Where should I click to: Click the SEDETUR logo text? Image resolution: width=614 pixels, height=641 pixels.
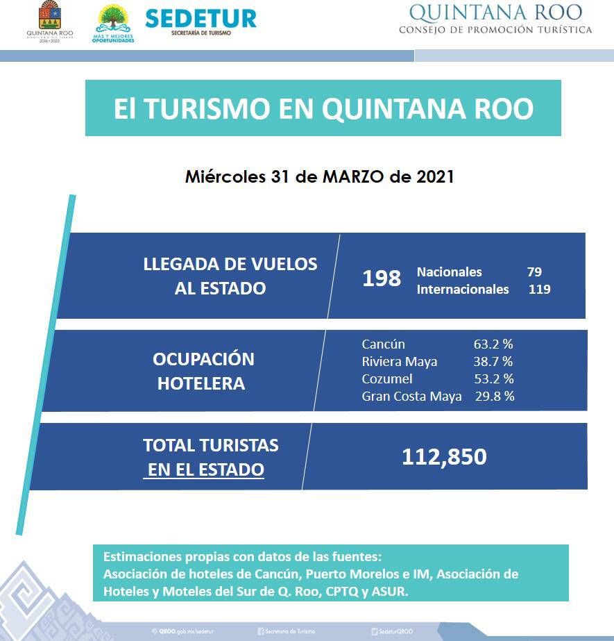[x=201, y=18]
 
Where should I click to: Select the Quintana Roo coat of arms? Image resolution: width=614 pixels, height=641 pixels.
[x=49, y=15]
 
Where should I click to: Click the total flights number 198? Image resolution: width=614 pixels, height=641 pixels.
[x=382, y=278]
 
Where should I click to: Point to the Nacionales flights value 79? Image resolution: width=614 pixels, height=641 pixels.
[x=534, y=272]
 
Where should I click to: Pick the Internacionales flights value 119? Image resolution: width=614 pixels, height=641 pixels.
[x=539, y=290]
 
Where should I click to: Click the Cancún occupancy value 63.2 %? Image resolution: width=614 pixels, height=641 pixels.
[x=493, y=344]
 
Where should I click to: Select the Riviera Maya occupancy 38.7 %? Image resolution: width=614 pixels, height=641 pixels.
[x=493, y=361]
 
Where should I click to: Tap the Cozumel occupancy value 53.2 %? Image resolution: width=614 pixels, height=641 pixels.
[x=494, y=378]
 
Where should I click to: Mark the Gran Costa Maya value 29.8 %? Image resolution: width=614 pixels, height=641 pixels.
[x=495, y=396]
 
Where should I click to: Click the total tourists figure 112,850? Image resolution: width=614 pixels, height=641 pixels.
[x=444, y=457]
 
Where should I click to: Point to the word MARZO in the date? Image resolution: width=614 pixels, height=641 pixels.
[x=353, y=176]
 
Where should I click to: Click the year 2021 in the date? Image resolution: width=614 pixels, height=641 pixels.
[x=435, y=176]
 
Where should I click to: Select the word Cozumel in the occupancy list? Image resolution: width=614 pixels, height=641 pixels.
[x=387, y=378]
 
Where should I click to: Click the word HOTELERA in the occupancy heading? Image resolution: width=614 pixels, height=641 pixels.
[x=201, y=383]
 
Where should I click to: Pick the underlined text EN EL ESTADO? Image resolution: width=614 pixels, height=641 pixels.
[x=205, y=469]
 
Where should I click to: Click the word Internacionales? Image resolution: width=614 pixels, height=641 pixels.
[x=463, y=290]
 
